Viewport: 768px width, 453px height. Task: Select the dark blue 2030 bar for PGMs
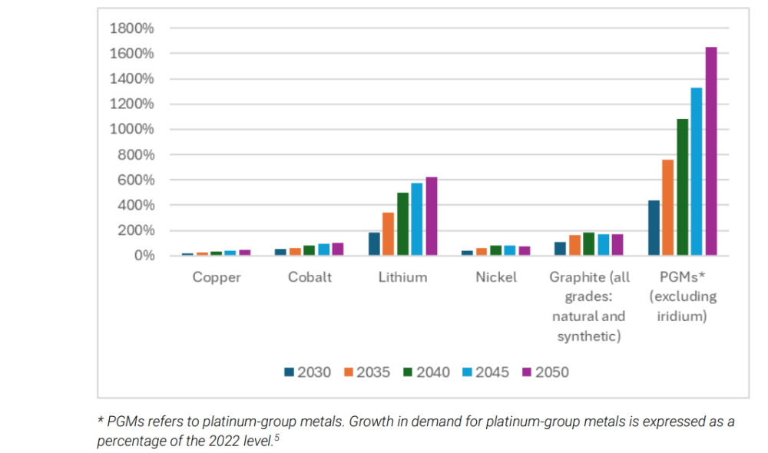(x=654, y=228)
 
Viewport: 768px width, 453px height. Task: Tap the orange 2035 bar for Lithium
(x=389, y=234)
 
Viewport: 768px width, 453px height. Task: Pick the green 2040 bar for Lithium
(x=402, y=224)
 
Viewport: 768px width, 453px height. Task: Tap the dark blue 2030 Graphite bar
(x=560, y=249)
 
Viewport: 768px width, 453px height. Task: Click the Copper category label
(x=217, y=277)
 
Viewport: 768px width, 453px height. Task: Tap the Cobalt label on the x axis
(x=310, y=277)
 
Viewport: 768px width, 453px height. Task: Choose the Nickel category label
(x=496, y=277)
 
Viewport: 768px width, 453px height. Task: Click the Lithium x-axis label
(x=402, y=277)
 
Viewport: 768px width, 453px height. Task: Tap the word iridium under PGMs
(x=682, y=316)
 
